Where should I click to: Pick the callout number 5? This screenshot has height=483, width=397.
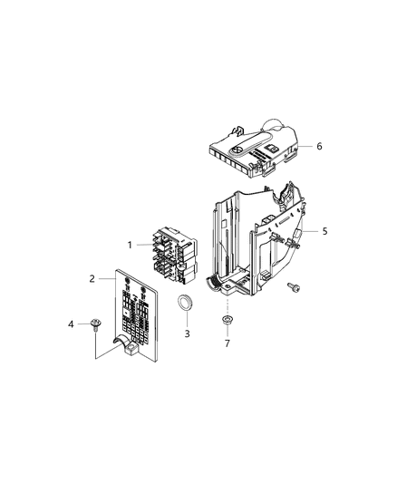click(324, 231)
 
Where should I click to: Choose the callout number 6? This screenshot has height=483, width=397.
click(319, 146)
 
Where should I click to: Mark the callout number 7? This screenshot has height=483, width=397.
click(226, 344)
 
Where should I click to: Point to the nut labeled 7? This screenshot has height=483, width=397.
click(226, 322)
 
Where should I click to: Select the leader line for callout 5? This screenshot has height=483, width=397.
click(308, 232)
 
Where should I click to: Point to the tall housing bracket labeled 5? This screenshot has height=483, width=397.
click(245, 245)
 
